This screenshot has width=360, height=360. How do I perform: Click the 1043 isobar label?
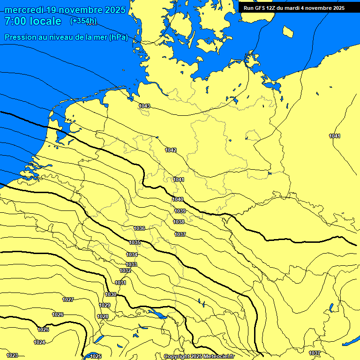click(x=144, y=106)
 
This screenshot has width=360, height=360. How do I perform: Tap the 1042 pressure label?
click(x=171, y=150)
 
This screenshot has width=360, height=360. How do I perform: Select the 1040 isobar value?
click(x=178, y=199)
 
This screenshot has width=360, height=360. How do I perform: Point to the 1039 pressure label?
click(x=180, y=211)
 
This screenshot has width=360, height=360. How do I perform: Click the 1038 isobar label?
click(x=179, y=222)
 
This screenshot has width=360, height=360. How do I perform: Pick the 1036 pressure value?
click(x=139, y=228)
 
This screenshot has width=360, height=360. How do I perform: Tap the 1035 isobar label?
click(x=135, y=242)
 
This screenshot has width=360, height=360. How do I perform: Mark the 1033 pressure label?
click(x=131, y=264)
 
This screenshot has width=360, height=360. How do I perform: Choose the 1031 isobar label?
click(x=120, y=283)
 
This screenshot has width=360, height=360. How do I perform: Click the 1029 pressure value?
click(x=105, y=305)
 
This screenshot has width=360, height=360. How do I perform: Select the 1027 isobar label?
click(x=68, y=300)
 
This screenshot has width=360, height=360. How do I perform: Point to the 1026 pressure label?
click(x=58, y=315)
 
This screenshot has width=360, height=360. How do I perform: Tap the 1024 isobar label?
click(x=39, y=342)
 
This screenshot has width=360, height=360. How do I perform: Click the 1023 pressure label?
click(x=12, y=355)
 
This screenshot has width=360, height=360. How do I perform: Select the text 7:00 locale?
click(x=33, y=21)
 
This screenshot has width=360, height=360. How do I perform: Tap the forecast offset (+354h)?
click(x=83, y=21)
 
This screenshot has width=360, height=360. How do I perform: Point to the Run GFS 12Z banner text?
click(x=294, y=8)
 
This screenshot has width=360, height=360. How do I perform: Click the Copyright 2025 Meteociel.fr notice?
click(x=199, y=356)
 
